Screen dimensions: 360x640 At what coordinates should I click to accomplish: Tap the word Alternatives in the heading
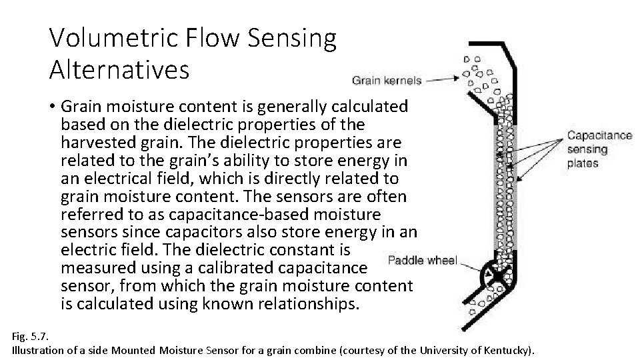click(x=119, y=69)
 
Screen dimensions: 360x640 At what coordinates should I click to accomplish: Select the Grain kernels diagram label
click(x=387, y=81)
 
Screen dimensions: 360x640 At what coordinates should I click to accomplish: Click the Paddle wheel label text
click(x=422, y=260)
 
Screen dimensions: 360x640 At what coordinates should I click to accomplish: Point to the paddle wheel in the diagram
click(x=496, y=274)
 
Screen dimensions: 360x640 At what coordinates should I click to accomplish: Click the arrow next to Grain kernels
click(x=443, y=80)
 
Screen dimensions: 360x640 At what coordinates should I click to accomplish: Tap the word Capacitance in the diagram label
click(x=599, y=136)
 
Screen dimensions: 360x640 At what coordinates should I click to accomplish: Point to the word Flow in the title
click(x=223, y=39)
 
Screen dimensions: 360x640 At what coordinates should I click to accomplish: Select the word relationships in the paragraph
click(x=299, y=305)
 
